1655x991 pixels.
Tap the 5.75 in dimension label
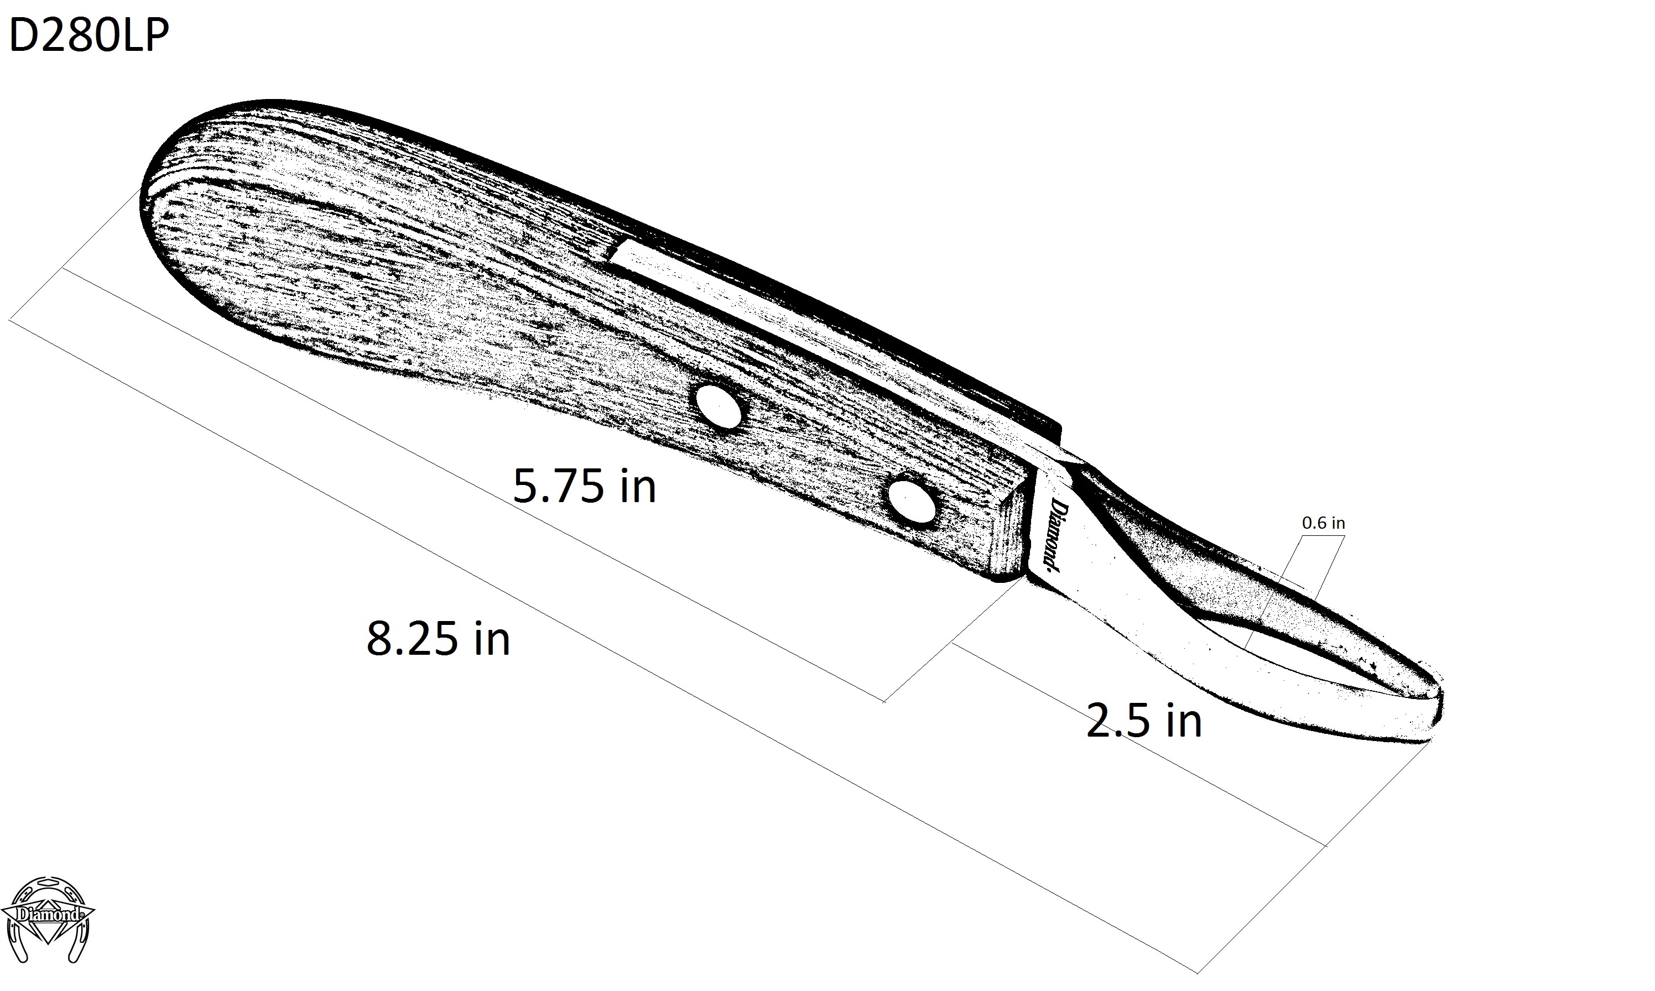[x=584, y=486]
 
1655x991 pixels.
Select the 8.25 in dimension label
[x=438, y=638]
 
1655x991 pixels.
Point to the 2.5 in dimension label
[x=1143, y=721]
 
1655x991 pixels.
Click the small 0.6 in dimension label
[x=1323, y=523]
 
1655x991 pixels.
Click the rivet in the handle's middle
[x=718, y=405]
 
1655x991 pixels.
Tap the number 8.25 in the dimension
[x=412, y=638]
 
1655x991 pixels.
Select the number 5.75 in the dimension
[x=558, y=486]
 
